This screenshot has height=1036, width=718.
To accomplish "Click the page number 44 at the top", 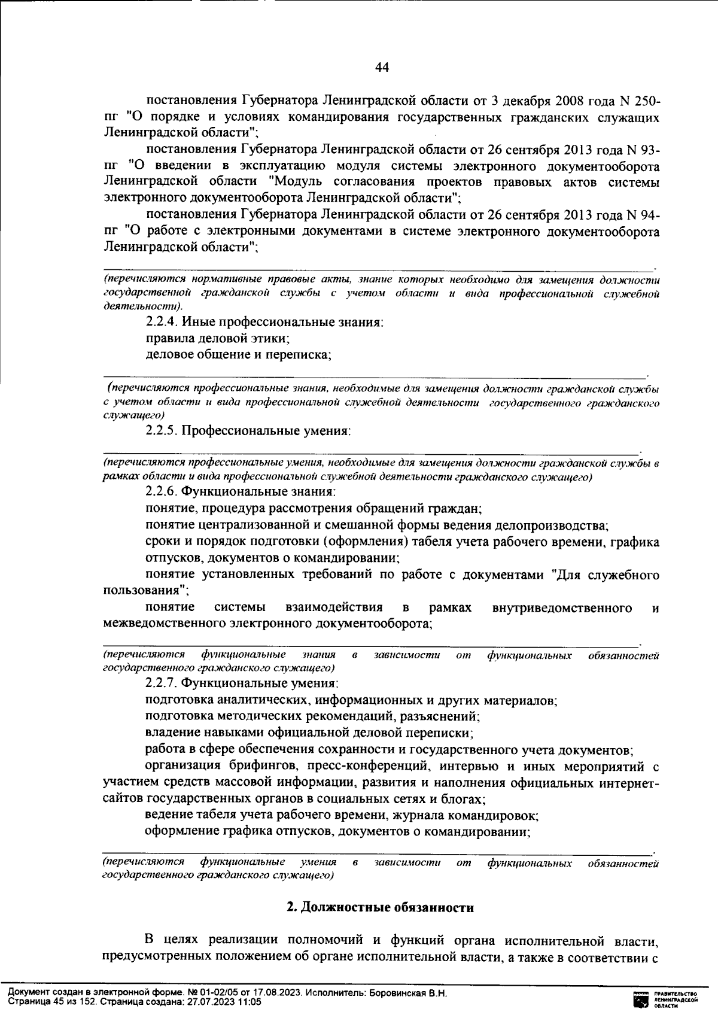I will (x=382, y=68).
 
